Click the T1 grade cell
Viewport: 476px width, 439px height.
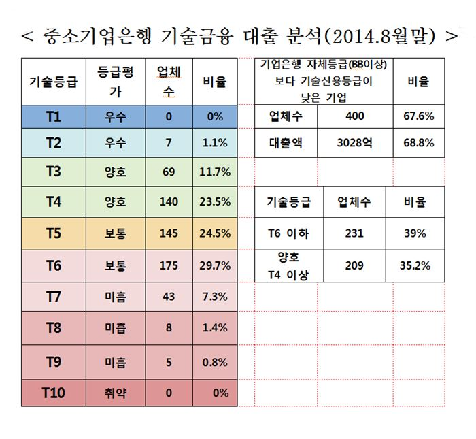tap(53, 116)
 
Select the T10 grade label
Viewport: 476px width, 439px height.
tap(53, 393)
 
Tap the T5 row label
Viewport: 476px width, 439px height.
tap(53, 233)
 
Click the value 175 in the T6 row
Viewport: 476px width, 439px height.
tap(169, 265)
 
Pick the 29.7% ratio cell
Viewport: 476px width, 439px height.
tap(216, 265)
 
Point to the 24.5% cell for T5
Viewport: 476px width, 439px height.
tap(216, 233)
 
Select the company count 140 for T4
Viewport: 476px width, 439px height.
tap(169, 201)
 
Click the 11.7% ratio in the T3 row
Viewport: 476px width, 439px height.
tap(216, 172)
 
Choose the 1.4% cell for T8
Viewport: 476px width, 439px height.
tap(216, 328)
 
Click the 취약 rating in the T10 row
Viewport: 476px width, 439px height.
tap(116, 393)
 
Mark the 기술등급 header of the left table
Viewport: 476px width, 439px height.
tap(53, 82)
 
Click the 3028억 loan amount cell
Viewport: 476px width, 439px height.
tap(355, 144)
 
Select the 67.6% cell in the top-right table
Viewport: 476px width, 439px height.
tap(419, 116)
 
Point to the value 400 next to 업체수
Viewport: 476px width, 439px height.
tap(355, 116)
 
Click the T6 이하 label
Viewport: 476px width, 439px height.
tap(288, 233)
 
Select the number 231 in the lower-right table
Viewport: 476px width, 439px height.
tap(354, 233)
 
